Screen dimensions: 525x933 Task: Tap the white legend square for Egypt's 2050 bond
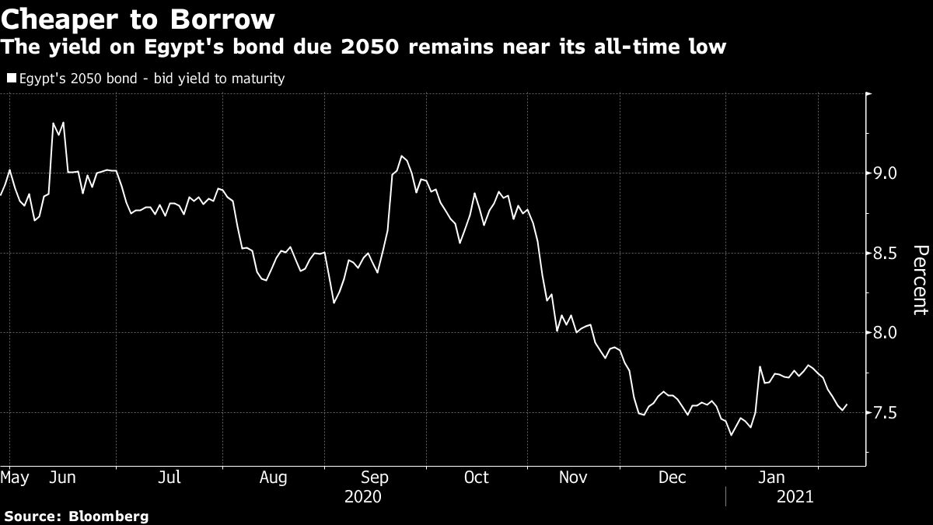tap(10, 78)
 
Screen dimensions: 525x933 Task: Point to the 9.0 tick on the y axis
tap(886, 173)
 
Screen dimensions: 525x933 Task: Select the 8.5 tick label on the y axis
tap(886, 254)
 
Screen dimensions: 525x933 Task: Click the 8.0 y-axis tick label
tap(886, 333)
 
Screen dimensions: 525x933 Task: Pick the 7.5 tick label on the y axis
tap(886, 413)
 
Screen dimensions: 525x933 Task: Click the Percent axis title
tap(920, 280)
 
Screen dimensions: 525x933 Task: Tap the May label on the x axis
tap(15, 476)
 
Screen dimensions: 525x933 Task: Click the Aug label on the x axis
tap(274, 476)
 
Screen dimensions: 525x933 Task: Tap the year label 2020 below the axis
tap(364, 495)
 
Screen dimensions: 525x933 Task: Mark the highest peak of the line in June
tap(54, 123)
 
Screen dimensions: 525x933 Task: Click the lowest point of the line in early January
tap(731, 435)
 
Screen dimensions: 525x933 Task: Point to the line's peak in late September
tap(401, 156)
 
